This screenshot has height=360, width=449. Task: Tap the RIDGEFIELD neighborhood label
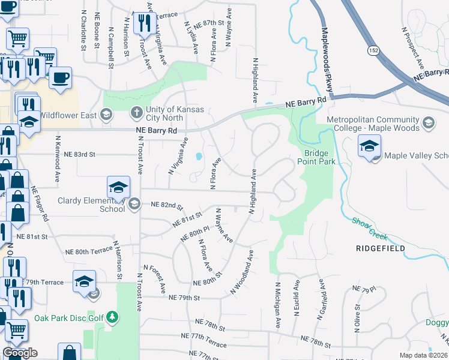pos(380,248)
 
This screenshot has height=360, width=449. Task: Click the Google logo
pos(19,353)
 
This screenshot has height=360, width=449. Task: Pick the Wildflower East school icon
pos(106,114)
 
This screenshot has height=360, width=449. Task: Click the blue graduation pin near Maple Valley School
pos(369,146)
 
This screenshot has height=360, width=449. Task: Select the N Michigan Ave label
pos(279,305)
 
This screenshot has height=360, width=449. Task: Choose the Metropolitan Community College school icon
pos(428,124)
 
